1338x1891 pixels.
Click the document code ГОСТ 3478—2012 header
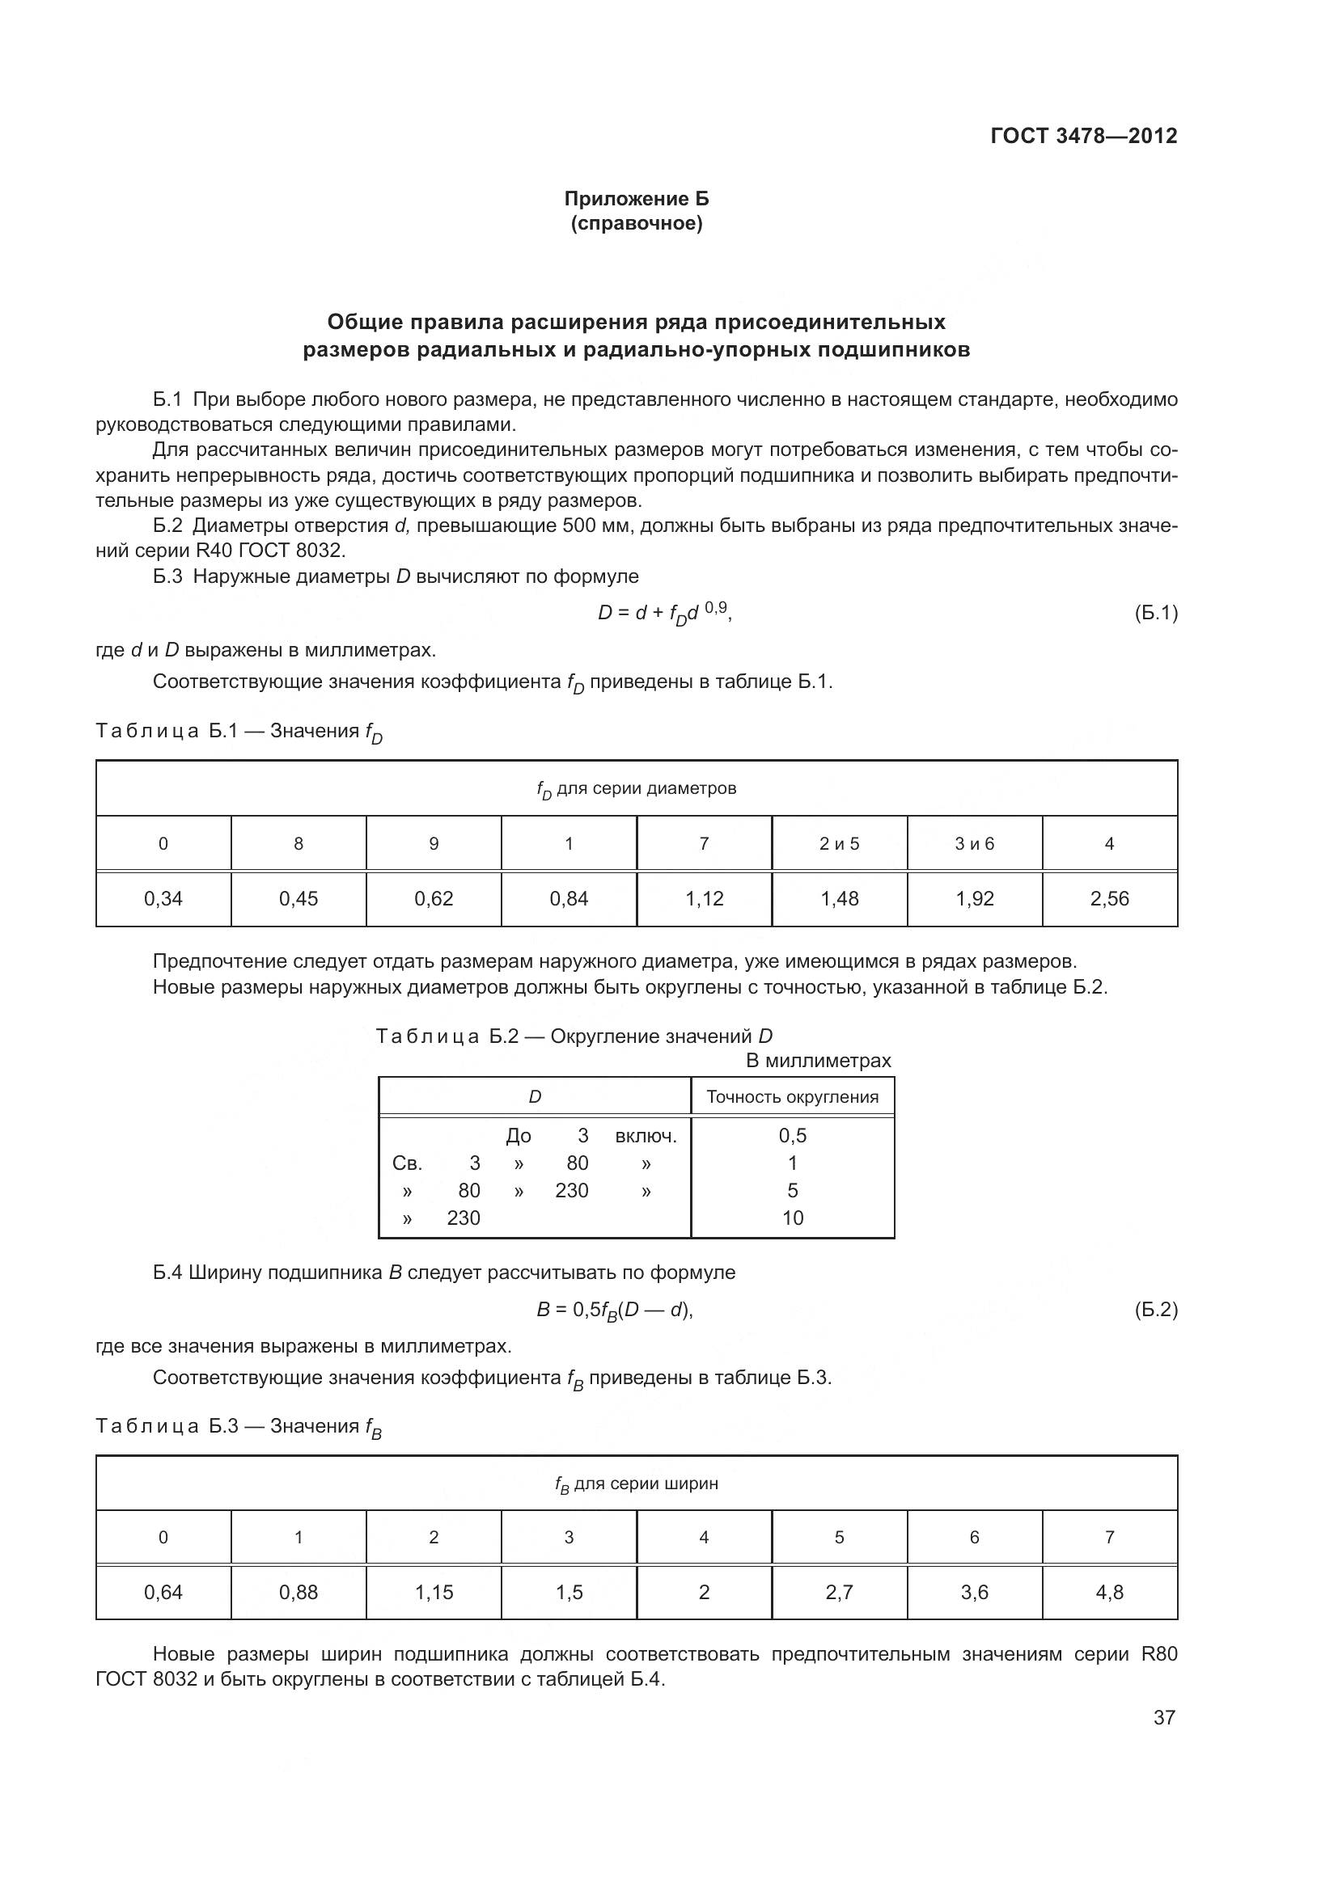[1083, 136]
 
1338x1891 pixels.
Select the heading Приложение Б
[636, 199]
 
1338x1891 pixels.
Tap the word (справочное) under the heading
[636, 223]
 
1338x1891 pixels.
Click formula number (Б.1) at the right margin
[1156, 613]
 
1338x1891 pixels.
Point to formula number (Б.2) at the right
[1156, 1310]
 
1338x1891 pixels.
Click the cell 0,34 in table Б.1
[163, 898]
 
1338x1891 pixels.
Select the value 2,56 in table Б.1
[1109, 898]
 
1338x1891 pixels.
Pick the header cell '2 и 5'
[839, 843]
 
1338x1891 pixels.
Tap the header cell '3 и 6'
[974, 843]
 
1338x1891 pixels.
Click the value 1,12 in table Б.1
[704, 898]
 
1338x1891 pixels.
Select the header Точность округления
[792, 1097]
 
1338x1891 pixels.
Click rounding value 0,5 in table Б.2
[792, 1136]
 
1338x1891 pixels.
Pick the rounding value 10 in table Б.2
[792, 1218]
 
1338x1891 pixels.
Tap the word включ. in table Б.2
[646, 1137]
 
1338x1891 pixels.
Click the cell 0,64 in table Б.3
[163, 1592]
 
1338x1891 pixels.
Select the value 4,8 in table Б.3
[1109, 1592]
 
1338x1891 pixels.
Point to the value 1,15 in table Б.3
[434, 1592]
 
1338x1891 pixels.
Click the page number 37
[1163, 1717]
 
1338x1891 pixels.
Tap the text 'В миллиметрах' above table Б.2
[818, 1061]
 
